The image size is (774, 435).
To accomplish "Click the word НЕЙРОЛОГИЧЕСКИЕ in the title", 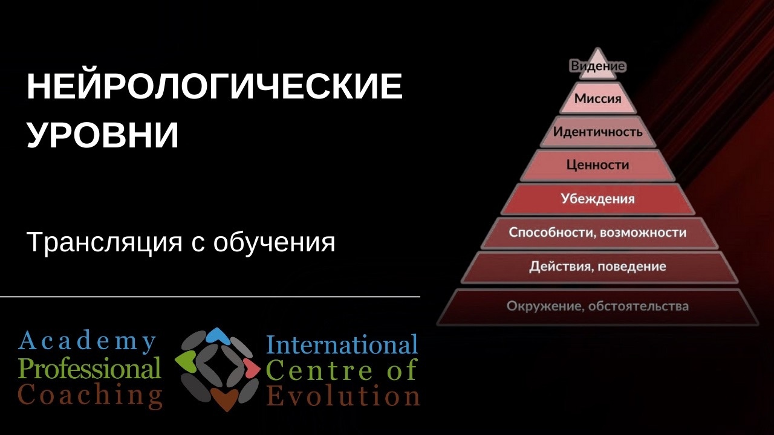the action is (215, 86).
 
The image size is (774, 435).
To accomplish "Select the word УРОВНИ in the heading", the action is (103, 135).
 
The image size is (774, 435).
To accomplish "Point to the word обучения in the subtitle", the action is (275, 242).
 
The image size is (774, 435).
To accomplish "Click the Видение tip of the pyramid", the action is (597, 66).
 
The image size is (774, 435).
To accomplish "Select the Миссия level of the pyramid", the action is (598, 98).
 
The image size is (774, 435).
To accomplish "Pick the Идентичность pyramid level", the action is (598, 132).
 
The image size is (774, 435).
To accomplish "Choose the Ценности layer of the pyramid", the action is (598, 165).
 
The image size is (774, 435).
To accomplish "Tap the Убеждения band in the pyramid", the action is (598, 199).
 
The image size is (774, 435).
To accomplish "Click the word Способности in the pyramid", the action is (551, 233).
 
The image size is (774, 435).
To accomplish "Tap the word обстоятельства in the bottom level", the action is (638, 306).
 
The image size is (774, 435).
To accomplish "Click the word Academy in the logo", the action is (87, 341).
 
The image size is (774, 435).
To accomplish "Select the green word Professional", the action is (90, 368).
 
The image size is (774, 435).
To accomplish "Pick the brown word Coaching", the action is (90, 395).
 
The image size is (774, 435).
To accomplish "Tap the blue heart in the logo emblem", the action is (217, 335).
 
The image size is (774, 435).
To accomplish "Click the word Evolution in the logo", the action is (343, 396).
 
